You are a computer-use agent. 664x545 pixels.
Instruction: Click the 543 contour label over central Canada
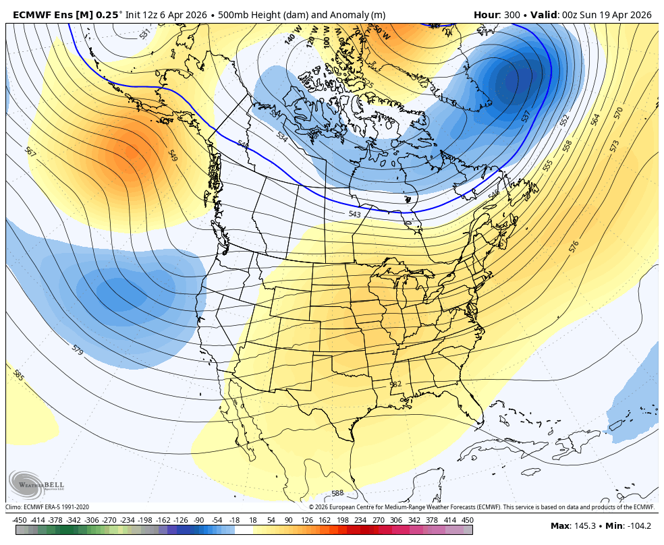pyautogui.click(x=354, y=214)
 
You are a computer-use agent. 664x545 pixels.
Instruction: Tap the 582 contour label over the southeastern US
pyautogui.click(x=395, y=384)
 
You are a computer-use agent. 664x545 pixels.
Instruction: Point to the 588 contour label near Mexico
pyautogui.click(x=337, y=494)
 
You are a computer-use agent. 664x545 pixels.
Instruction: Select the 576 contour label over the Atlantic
pyautogui.click(x=574, y=247)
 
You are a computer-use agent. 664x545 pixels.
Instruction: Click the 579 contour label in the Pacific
pyautogui.click(x=77, y=350)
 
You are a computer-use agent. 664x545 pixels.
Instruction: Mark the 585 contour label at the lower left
pyautogui.click(x=18, y=375)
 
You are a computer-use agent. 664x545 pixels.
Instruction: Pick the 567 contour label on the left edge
pyautogui.click(x=30, y=152)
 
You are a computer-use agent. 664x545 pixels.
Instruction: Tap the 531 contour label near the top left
pyautogui.click(x=144, y=34)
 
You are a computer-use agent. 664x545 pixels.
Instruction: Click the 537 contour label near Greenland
pyautogui.click(x=526, y=116)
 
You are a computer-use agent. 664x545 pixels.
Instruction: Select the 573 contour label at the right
pyautogui.click(x=614, y=146)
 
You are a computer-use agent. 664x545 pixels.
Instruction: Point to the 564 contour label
pyautogui.click(x=595, y=119)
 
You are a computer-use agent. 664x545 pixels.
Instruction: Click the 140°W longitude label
pyautogui.click(x=292, y=36)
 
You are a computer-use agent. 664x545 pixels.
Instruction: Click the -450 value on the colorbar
pyautogui.click(x=20, y=520)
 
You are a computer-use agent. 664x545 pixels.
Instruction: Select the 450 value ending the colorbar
pyautogui.click(x=468, y=520)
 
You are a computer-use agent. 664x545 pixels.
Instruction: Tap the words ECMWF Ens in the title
pyautogui.click(x=40, y=15)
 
